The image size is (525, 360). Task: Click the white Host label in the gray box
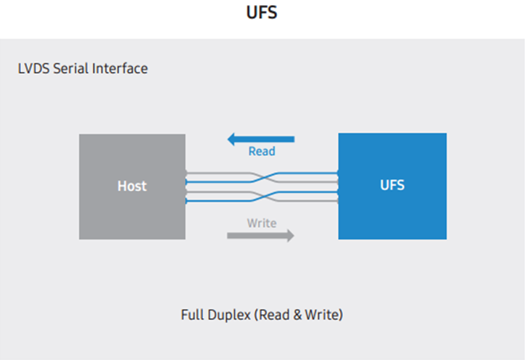132,187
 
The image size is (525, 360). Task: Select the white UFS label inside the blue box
392,186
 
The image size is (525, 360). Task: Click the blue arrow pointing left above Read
261,139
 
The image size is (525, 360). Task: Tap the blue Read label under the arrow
262,152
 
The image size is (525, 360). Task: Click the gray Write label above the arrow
262,223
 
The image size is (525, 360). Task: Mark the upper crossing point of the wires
262,177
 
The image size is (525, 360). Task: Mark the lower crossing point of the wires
262,197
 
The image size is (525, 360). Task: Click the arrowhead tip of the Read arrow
228,139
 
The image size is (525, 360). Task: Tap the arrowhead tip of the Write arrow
294,235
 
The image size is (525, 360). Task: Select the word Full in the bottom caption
192,316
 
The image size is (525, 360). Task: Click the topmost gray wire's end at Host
187,173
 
